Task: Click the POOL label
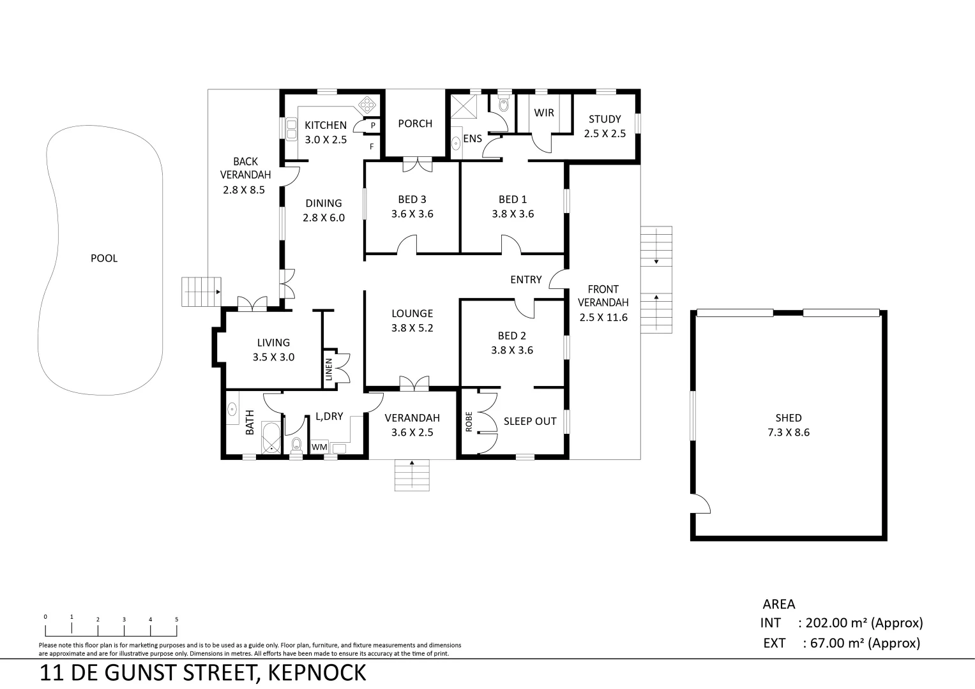tap(104, 258)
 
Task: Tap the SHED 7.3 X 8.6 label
tap(788, 425)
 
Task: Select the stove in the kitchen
tap(368, 104)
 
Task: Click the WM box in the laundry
tap(319, 448)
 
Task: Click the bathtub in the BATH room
tap(271, 437)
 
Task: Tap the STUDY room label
tap(604, 126)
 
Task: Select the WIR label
tap(544, 113)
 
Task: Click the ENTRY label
tap(525, 279)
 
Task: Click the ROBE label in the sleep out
tap(469, 422)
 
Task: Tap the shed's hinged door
tap(700, 503)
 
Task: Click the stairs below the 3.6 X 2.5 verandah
tap(412, 475)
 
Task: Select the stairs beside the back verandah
tap(201, 292)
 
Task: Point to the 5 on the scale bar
tap(176, 619)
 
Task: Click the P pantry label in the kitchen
tap(373, 126)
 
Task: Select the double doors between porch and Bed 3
tap(418, 165)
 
